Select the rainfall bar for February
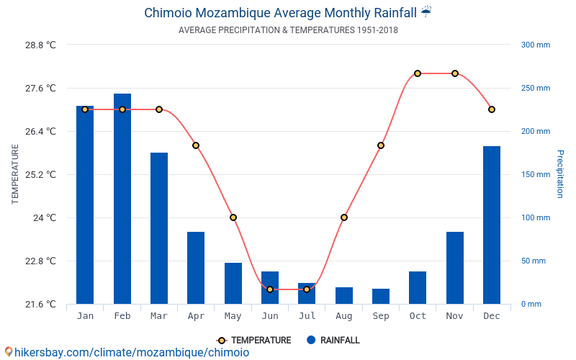[x=122, y=199]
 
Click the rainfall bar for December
[x=492, y=225]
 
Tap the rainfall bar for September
[x=381, y=296]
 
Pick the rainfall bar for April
[x=196, y=268]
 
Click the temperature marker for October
[x=418, y=73]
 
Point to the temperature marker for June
[x=270, y=289]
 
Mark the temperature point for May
[x=233, y=217]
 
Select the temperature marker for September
[x=381, y=145]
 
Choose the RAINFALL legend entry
[x=333, y=341]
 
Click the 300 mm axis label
[x=536, y=45]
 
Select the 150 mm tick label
[x=536, y=174]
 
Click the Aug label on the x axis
[x=344, y=316]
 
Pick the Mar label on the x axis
[x=159, y=316]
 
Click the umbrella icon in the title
[x=426, y=12]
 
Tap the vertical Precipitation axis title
[x=560, y=174]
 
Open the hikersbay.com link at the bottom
[x=130, y=353]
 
